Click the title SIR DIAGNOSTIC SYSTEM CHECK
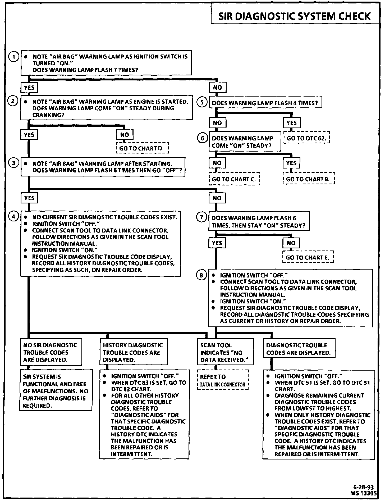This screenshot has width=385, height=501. pos(295,16)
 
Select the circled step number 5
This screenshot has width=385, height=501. pos(202,102)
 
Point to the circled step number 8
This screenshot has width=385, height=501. pos(201,275)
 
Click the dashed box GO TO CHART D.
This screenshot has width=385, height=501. pos(142,148)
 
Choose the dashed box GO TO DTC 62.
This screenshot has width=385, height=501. pos(307,138)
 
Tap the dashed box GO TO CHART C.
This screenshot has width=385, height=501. pos(234,179)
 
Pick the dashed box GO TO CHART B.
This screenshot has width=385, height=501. pos(308,179)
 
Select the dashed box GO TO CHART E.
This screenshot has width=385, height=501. pos(308,257)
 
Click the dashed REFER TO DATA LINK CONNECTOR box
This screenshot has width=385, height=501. pos(223,381)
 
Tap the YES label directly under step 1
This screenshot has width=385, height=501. pos(29,88)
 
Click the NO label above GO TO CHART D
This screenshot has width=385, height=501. pos(125,135)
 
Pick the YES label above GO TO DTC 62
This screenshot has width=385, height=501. pos(291,123)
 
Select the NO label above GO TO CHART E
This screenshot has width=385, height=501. pos(291,243)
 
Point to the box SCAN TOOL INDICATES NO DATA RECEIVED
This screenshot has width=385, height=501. pos(225,352)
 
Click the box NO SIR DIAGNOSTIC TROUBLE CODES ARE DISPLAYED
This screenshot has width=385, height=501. pos(51,352)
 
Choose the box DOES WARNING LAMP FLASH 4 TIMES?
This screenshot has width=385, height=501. pos(265,103)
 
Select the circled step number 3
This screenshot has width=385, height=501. pos(13,163)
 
